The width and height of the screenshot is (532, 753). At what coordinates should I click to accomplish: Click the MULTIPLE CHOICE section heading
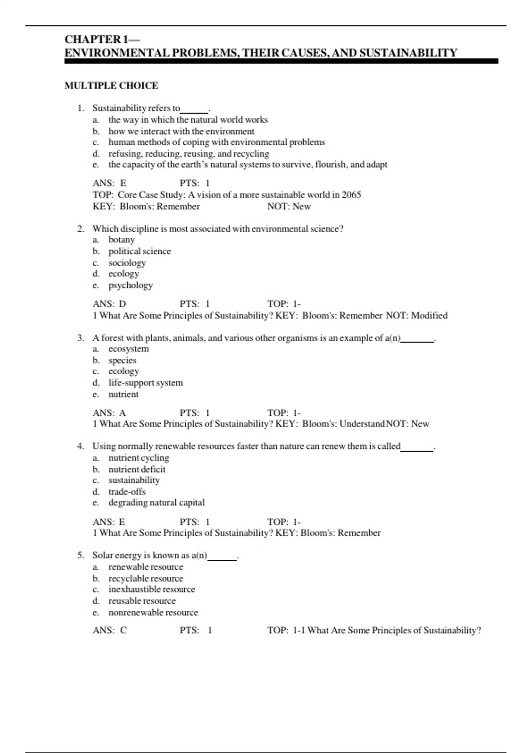[111, 85]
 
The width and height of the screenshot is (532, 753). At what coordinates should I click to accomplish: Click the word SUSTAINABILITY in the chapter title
[408, 53]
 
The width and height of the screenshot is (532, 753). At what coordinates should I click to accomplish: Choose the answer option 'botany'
[121, 240]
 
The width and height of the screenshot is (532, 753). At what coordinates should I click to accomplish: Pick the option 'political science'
[139, 251]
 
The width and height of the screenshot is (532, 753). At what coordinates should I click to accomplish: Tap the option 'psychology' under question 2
[130, 285]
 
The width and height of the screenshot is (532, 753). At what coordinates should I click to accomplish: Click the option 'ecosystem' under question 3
[129, 349]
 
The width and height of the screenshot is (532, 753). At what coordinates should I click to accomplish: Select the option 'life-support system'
[145, 383]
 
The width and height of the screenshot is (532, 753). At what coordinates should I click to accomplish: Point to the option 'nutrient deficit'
[137, 469]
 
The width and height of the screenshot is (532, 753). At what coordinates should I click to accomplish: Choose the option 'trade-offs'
[127, 492]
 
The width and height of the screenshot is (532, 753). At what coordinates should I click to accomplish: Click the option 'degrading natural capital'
[156, 503]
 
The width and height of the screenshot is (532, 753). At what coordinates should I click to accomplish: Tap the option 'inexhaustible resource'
[152, 590]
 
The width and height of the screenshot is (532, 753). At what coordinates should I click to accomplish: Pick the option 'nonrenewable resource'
[153, 613]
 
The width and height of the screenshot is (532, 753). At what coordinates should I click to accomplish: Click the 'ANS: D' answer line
[110, 304]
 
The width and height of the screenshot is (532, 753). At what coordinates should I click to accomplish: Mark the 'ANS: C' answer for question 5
[110, 630]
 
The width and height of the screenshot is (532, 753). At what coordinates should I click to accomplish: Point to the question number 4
[80, 446]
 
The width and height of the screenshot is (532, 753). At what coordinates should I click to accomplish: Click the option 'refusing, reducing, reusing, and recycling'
[188, 154]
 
